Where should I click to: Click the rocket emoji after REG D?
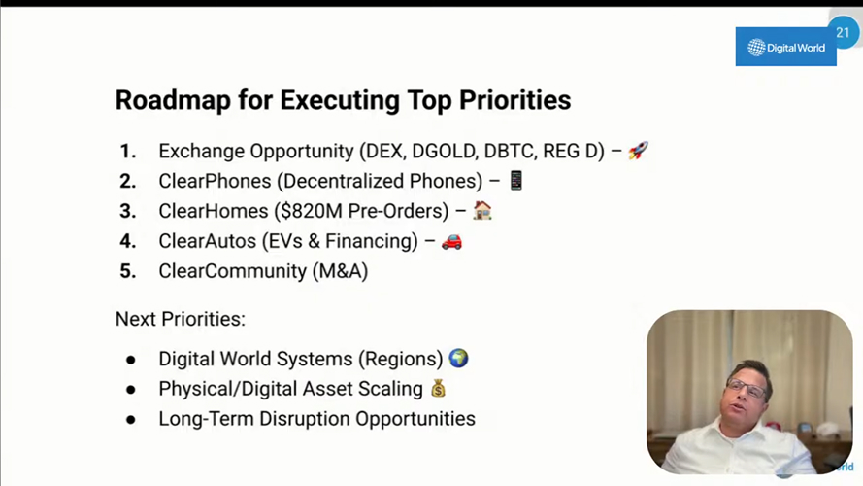coord(639,150)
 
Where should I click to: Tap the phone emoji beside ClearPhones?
coord(515,180)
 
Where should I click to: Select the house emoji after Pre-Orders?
coord(482,210)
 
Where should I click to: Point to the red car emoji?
coord(451,241)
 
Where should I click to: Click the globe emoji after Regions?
coord(458,358)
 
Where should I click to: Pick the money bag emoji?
coord(438,389)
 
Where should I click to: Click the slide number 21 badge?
coord(843,32)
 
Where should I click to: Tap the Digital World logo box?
coord(785,47)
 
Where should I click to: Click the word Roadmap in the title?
coord(173,100)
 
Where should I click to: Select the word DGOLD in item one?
coord(445,151)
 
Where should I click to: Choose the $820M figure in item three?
coord(311,211)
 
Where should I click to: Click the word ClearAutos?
coord(208,241)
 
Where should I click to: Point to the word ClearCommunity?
coord(233,271)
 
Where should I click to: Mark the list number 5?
coord(128,271)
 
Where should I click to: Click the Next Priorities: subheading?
coord(181,319)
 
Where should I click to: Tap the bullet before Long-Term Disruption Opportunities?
coord(130,420)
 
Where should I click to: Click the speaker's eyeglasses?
coord(747,389)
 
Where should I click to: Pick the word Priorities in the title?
coord(515,100)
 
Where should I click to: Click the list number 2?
coord(128,181)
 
